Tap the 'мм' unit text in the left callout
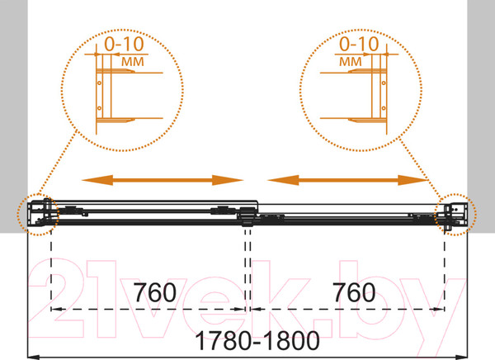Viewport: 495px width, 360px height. pos(129,61)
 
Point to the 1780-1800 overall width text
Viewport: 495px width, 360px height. pos(246,339)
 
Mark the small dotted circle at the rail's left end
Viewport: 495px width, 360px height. pos(36,213)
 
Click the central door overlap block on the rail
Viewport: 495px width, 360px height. pos(246,216)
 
